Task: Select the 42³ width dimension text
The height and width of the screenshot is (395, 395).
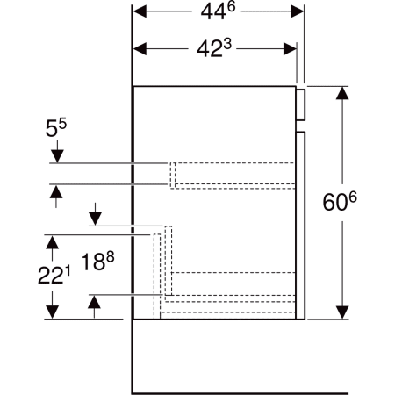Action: click(217, 51)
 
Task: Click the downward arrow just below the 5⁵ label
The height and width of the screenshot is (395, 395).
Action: click(57, 156)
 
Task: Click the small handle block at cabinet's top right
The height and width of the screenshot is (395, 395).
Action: click(301, 103)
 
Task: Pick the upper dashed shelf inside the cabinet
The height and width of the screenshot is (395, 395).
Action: click(232, 175)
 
